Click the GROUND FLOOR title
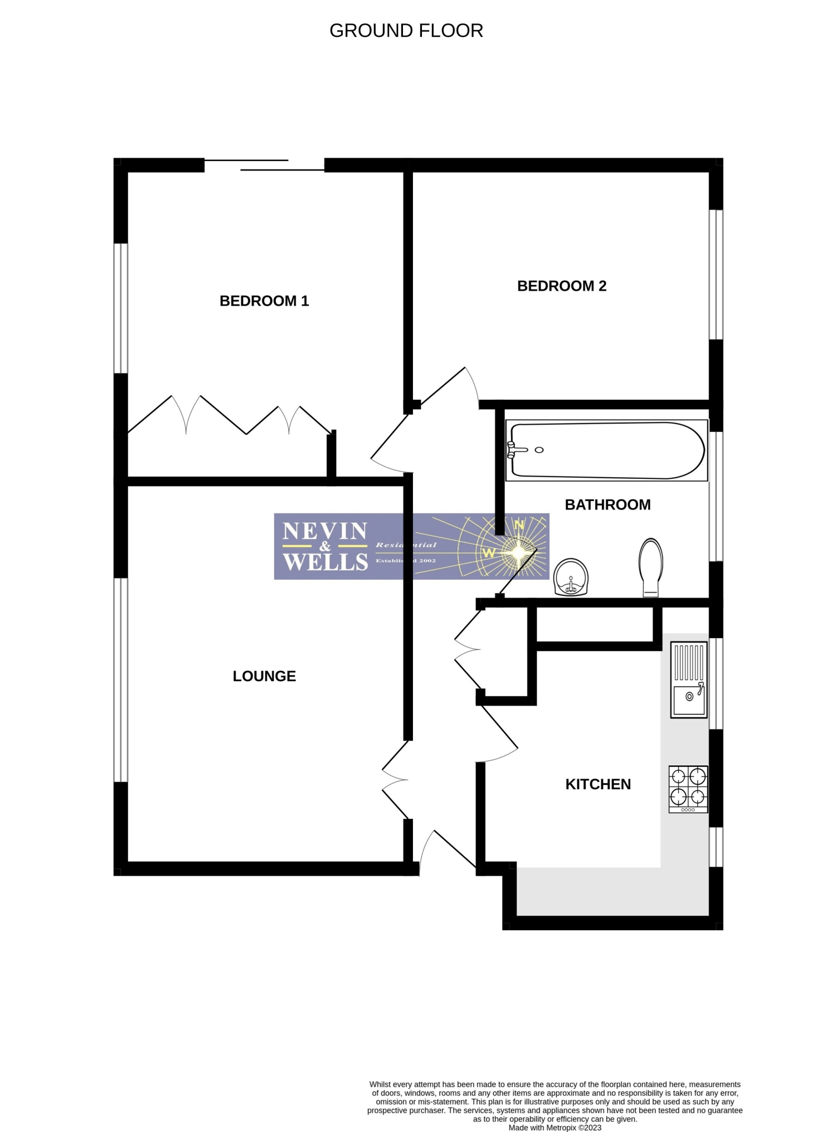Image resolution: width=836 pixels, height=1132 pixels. point(406,31)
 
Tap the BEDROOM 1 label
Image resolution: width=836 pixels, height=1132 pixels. point(264,301)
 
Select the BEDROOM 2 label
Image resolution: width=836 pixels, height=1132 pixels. point(561,286)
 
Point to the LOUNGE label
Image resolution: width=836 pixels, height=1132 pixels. point(264,676)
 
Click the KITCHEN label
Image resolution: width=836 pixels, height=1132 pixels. point(598,784)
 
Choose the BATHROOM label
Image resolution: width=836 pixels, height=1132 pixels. point(607,504)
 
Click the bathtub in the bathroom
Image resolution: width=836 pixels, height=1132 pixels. point(606,450)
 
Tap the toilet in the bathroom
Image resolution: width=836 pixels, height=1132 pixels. point(651,567)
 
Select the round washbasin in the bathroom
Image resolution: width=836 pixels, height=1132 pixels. point(571,577)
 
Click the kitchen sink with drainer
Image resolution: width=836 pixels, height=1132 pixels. point(689,680)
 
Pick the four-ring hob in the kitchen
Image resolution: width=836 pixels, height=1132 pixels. point(688,789)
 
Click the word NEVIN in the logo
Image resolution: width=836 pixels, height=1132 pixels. point(324,531)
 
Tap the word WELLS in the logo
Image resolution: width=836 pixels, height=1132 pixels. point(325,561)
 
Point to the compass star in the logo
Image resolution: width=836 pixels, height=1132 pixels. point(518,552)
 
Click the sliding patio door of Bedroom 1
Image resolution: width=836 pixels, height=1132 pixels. point(265,164)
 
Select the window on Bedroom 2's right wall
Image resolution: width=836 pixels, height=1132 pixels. point(716,274)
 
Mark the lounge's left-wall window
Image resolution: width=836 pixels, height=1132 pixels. point(121,679)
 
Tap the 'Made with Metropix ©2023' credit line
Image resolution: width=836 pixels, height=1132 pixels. point(555,1128)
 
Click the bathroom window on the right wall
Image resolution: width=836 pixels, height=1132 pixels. point(716,496)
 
